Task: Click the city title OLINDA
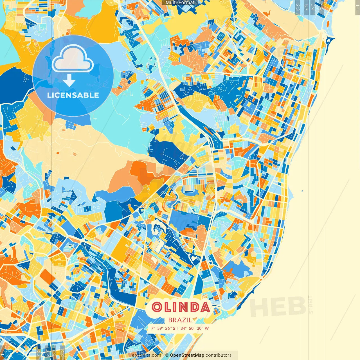pos(181,307)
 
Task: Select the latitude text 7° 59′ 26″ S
pos(163,328)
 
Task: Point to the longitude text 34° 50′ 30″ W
pos(195,328)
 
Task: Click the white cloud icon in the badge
pos(73,59)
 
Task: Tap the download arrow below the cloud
pos(69,81)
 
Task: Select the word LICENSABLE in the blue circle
pos(73,95)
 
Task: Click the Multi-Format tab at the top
pos(180,3)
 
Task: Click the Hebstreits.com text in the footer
pos(145,355)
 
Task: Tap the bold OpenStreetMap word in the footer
pos(187,355)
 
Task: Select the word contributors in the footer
pos(219,355)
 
